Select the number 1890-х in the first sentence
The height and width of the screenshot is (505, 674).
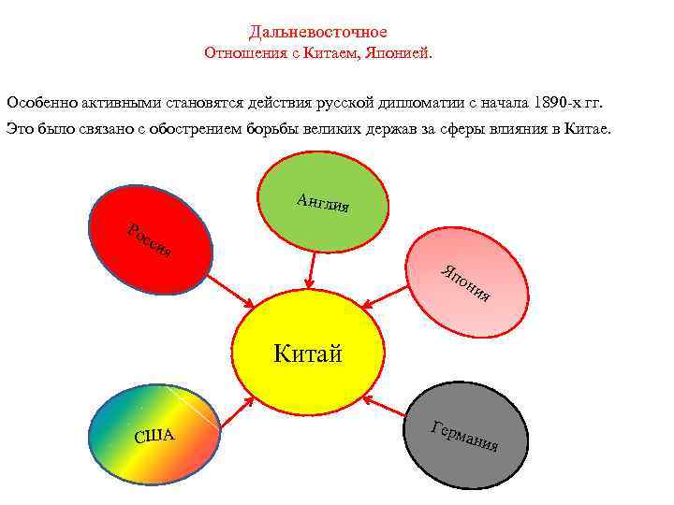coord(551,100)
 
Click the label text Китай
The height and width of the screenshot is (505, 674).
coord(308,353)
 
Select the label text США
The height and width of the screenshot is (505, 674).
coord(154,436)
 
